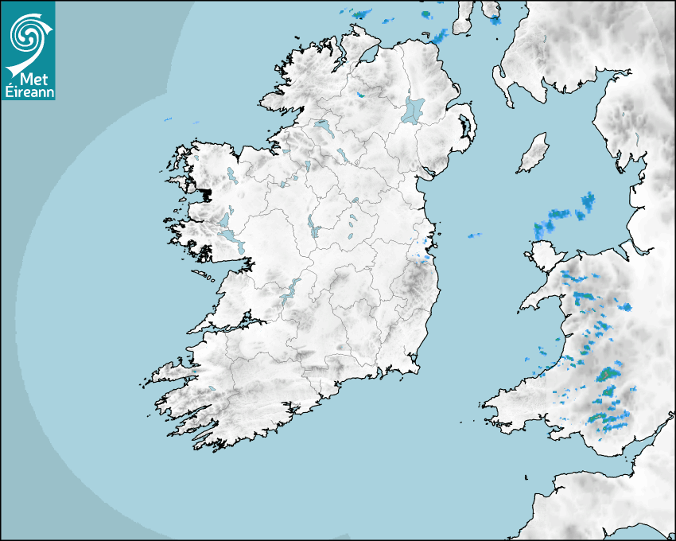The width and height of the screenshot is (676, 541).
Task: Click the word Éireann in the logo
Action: [28, 91]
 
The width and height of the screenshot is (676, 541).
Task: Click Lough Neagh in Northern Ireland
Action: [414, 110]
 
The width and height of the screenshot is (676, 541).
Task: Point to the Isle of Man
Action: [533, 154]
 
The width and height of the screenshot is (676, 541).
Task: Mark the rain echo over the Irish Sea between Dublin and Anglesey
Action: [475, 235]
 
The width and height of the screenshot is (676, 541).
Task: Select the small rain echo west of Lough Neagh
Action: [360, 95]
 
